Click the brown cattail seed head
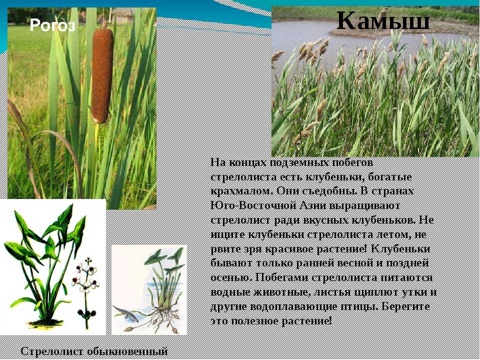[x=102, y=74]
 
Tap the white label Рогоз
[x=52, y=25]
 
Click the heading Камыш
[x=383, y=20]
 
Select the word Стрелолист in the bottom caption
[x=52, y=351]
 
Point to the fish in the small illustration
[x=126, y=313]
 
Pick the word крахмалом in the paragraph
[x=242, y=191]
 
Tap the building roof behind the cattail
[x=122, y=11]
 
